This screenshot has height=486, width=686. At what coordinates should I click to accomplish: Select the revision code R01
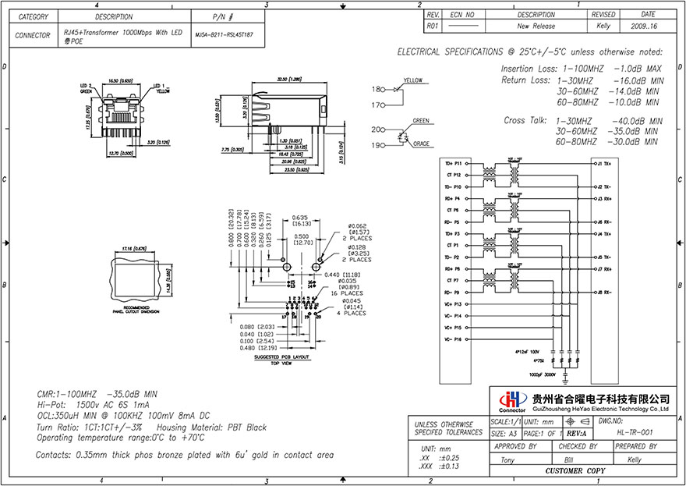click(434, 26)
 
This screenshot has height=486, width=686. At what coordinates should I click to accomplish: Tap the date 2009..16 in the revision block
click(647, 26)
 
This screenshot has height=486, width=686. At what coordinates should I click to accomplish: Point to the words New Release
click(536, 26)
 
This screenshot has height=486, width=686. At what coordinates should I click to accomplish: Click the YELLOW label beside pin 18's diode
click(413, 80)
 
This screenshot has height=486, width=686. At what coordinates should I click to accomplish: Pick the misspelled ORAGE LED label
click(421, 144)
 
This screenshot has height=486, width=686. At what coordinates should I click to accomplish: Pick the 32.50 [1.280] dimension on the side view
click(289, 80)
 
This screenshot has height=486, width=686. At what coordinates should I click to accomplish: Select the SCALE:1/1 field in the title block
click(503, 421)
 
